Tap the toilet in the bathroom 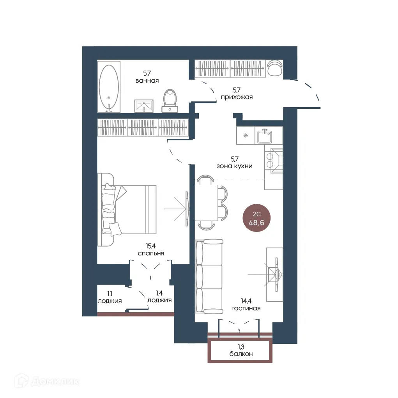coord(170,101)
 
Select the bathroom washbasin coord(144,106)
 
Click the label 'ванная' coord(147,81)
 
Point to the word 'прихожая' coord(237,97)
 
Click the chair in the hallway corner coord(275,67)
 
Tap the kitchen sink coord(265,136)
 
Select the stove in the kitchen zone coord(274,161)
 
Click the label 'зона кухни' coord(235,166)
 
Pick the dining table coord(206,203)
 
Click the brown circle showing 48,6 coord(256,218)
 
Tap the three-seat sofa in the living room coord(209,276)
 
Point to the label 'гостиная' coord(246,308)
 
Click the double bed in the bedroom coord(127,210)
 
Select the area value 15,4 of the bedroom coord(151,246)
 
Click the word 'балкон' coord(241,354)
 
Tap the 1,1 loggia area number coord(110,294)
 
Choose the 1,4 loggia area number coord(159,293)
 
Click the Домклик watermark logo coord(47,381)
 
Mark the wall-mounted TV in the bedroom coord(188,209)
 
